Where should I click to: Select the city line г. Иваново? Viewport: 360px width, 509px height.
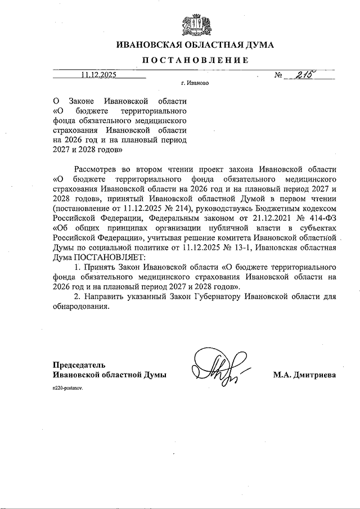tap(195, 83)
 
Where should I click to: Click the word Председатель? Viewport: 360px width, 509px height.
tap(79, 364)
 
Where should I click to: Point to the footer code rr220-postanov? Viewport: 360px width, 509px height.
tap(67, 389)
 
